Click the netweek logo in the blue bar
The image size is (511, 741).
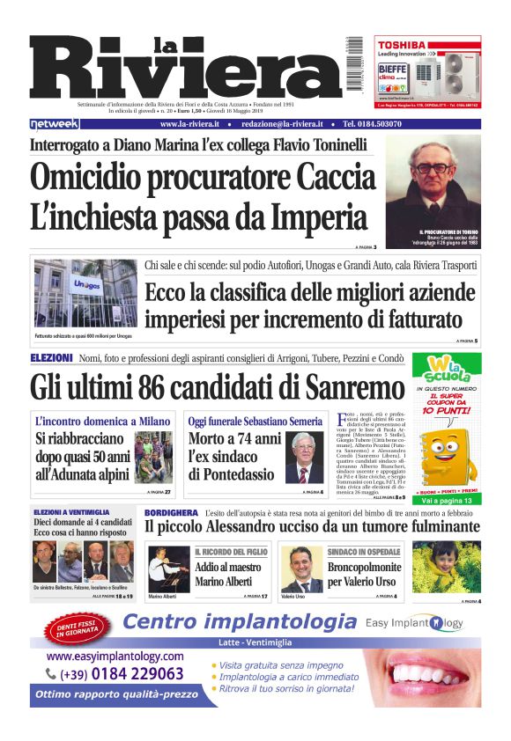click(x=55, y=125)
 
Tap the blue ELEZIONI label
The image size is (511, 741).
click(x=51, y=358)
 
